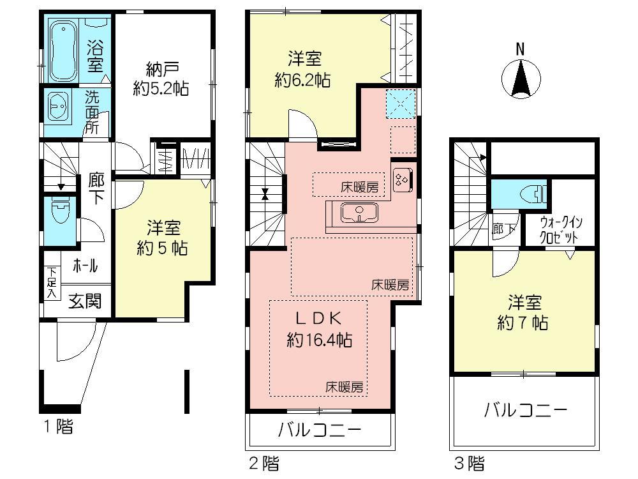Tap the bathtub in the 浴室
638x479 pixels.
click(63, 50)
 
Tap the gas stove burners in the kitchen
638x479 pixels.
click(403, 178)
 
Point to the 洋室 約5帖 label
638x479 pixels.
click(162, 238)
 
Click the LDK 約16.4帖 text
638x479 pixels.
click(320, 328)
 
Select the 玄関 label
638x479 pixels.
click(85, 301)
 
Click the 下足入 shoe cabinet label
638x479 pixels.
click(51, 282)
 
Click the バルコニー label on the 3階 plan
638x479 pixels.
click(524, 409)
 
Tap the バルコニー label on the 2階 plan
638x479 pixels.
click(319, 429)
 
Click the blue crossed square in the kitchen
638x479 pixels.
click(401, 102)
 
